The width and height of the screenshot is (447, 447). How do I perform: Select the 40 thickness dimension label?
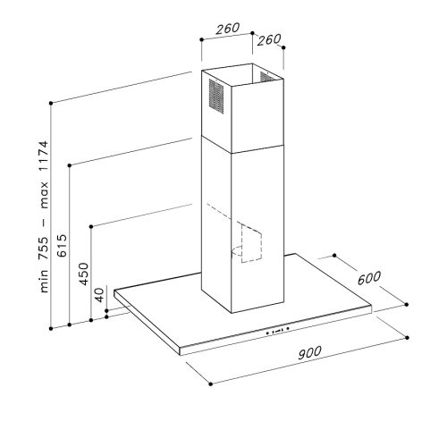pos(100,296)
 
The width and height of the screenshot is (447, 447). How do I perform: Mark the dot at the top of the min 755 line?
pos(51,104)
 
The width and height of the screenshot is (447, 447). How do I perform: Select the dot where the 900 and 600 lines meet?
pos(402,307)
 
